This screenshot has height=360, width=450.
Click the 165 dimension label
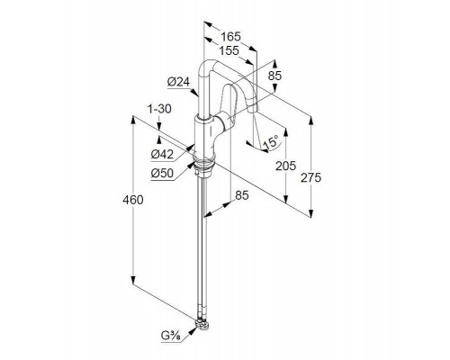[x=230, y=37]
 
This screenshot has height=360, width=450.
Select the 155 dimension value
[x=229, y=50]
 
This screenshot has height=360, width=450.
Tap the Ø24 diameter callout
[x=179, y=82]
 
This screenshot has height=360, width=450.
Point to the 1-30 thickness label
[x=159, y=109]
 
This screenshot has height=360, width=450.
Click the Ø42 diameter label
[x=162, y=154]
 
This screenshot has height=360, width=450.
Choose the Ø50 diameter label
[x=162, y=173]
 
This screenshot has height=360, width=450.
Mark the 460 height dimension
[x=132, y=200]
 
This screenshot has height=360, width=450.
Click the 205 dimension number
[x=285, y=166]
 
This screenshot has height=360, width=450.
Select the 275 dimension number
[x=310, y=178]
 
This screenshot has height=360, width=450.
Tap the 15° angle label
[x=270, y=142]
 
